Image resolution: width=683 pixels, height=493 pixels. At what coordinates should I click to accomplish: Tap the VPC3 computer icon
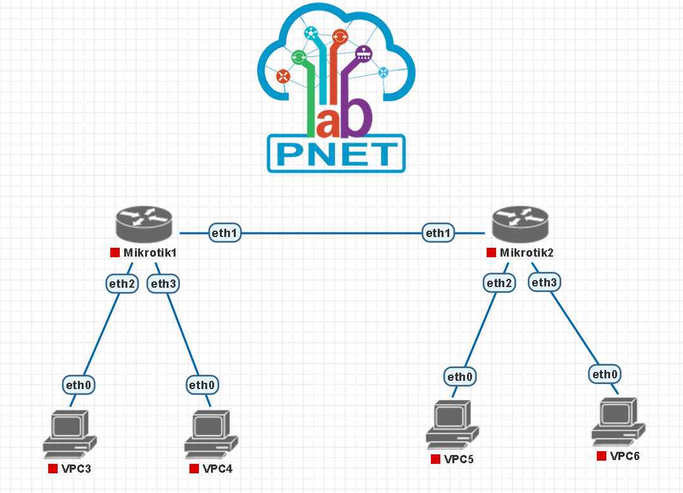(70, 434)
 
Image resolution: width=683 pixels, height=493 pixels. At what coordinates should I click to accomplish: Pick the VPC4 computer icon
(211, 434)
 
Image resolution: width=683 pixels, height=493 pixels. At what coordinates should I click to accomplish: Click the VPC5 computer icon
(452, 425)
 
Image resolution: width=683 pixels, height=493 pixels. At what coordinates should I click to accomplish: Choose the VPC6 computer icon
(618, 421)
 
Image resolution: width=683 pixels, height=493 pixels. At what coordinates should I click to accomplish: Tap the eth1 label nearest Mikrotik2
(438, 233)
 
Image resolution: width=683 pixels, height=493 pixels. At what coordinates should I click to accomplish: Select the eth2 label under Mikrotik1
(122, 284)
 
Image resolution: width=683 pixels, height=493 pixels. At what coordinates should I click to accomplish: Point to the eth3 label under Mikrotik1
(163, 284)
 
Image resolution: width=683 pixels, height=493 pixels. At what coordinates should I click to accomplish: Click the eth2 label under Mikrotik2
(499, 283)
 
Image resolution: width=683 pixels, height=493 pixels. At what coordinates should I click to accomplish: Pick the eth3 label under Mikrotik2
(544, 283)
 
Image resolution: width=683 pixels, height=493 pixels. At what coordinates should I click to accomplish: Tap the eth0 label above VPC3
(80, 385)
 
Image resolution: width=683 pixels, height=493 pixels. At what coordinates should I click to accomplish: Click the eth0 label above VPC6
(605, 375)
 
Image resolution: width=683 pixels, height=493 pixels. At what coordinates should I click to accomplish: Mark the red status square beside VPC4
(195, 469)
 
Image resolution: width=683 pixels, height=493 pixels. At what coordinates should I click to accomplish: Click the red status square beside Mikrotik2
(491, 253)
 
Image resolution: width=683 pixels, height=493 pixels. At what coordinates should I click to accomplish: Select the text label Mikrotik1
(150, 253)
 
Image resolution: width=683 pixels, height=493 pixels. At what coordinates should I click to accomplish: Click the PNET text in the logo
(336, 154)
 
